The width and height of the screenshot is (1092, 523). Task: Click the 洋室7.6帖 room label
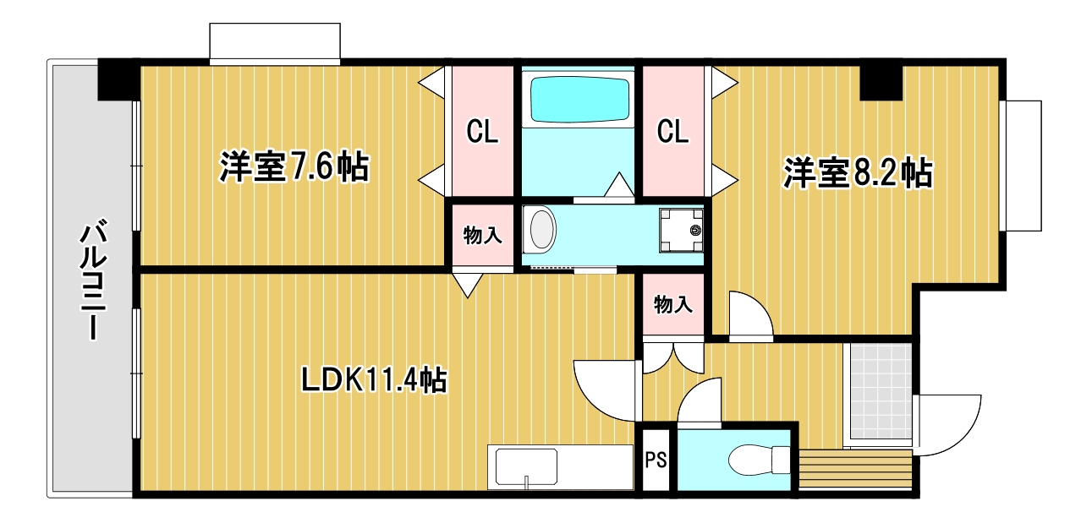click(x=294, y=167)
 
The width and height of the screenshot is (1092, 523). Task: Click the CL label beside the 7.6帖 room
click(x=482, y=132)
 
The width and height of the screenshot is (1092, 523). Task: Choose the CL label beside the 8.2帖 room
click(x=673, y=132)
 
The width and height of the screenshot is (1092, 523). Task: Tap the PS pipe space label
click(x=656, y=461)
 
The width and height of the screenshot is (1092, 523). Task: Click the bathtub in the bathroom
click(x=579, y=100)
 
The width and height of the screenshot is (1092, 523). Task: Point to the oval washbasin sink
click(x=541, y=229)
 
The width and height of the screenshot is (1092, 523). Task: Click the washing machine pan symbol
click(x=682, y=229)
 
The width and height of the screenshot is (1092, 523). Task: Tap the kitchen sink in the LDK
click(x=526, y=468)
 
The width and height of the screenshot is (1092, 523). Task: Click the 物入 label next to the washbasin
click(x=482, y=236)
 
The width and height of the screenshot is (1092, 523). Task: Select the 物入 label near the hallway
click(x=673, y=305)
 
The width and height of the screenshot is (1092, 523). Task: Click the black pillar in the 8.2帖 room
click(x=881, y=80)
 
